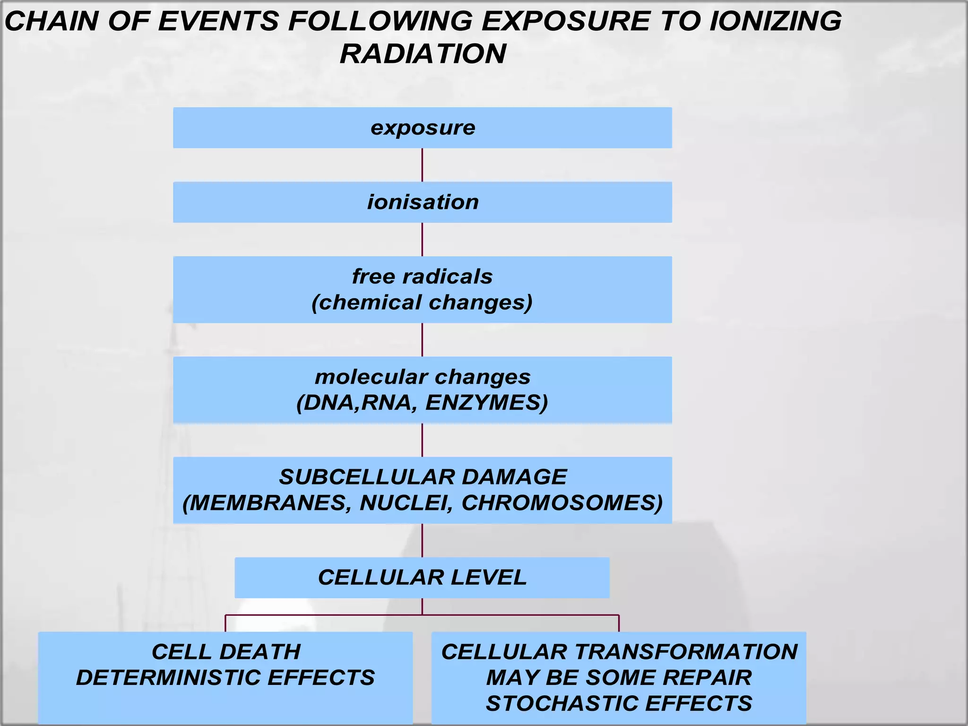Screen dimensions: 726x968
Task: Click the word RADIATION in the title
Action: point(423,53)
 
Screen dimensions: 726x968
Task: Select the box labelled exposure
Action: point(423,128)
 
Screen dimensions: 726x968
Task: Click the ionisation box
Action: point(423,202)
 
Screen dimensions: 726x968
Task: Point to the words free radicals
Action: point(423,277)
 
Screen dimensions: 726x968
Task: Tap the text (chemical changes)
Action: point(423,302)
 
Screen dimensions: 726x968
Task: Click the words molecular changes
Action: point(423,377)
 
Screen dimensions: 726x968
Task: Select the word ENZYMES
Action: point(487,403)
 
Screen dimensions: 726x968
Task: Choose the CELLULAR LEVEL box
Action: point(422,578)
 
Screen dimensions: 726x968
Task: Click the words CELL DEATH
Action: point(226,652)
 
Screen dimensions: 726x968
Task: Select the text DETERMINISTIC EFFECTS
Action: point(225,678)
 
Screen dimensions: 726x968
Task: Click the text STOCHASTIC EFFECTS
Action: point(619,703)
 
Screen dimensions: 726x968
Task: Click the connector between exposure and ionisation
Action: point(422,165)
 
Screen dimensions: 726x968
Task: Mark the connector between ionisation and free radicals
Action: point(422,239)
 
